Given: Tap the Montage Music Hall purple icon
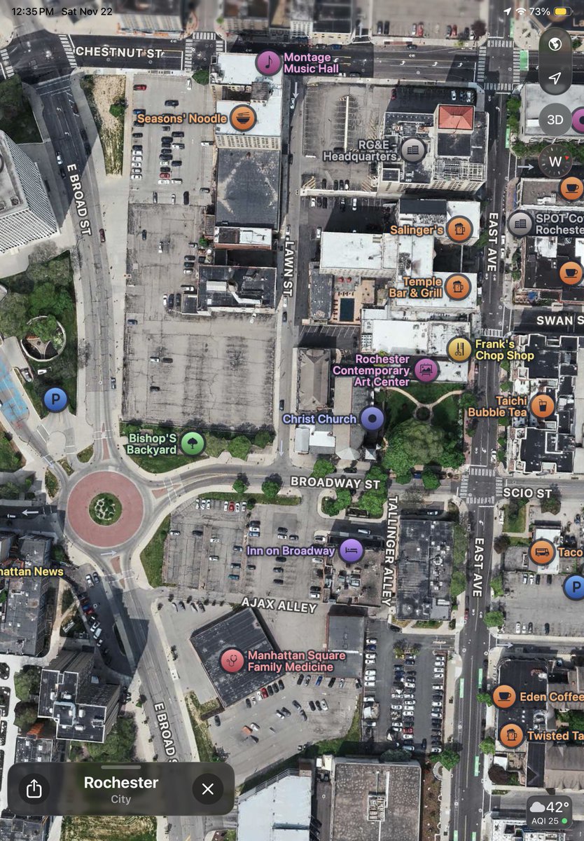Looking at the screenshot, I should click(268, 63).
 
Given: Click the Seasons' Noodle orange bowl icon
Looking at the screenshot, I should click(242, 118).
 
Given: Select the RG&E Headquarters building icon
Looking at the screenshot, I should click(412, 148).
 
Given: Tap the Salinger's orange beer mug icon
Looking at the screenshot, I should click(459, 229).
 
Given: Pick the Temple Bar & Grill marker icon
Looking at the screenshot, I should click(457, 286).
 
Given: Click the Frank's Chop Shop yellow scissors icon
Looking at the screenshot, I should click(459, 348).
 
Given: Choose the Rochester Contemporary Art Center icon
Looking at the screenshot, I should click(426, 369).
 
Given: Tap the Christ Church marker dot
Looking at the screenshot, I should click(373, 419).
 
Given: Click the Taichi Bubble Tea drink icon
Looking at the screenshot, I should click(542, 406).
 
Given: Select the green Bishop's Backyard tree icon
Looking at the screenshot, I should click(193, 443).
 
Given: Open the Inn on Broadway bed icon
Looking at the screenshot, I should click(351, 550).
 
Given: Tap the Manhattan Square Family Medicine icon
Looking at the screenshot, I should click(232, 660).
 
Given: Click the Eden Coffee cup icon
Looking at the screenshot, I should click(504, 697).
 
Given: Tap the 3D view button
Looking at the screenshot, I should click(555, 120).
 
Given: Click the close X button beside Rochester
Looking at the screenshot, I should click(207, 789).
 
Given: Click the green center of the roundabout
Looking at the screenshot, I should click(105, 508).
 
